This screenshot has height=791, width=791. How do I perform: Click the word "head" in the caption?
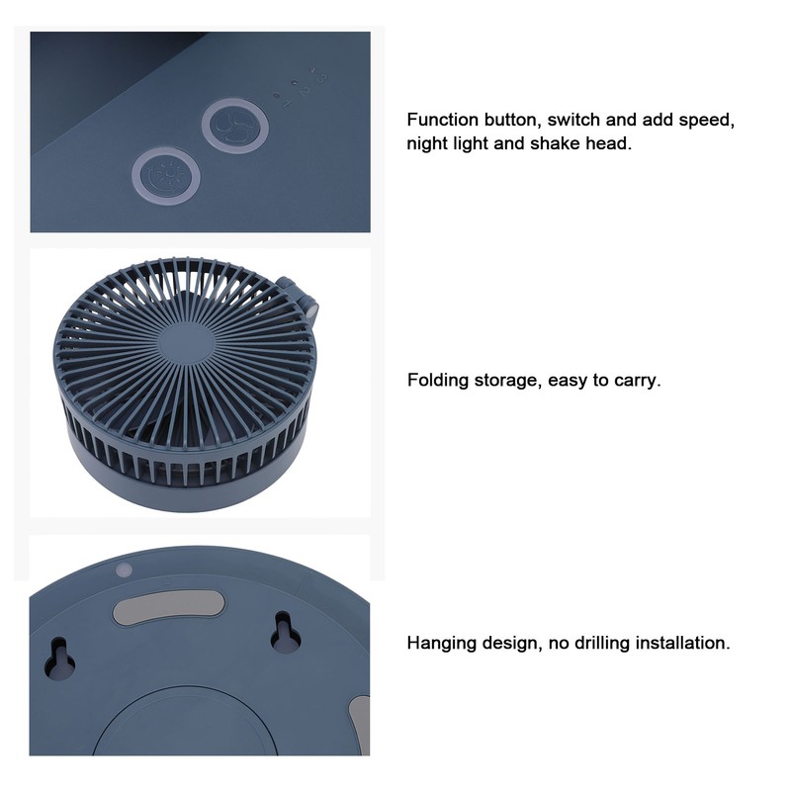(607, 143)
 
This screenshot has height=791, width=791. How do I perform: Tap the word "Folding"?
(438, 380)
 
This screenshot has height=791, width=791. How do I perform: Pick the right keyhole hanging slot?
(285, 633)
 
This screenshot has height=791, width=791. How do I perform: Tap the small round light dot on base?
(125, 571)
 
